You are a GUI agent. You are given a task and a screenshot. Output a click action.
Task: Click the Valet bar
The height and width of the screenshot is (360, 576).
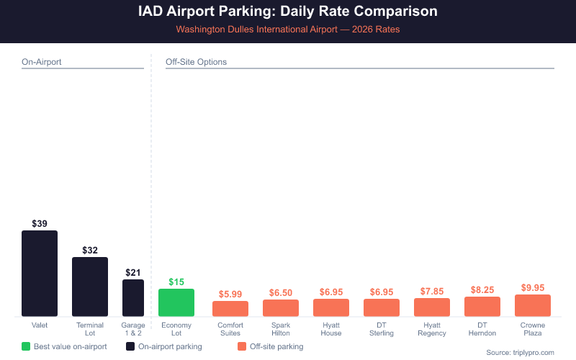click(x=40, y=274)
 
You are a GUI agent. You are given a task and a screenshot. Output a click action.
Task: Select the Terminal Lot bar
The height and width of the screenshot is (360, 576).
click(x=90, y=287)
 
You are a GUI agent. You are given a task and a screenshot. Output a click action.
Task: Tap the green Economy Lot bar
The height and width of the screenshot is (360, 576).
click(x=176, y=302)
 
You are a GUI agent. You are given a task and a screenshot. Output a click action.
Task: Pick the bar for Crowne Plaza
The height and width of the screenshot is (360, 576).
click(x=533, y=305)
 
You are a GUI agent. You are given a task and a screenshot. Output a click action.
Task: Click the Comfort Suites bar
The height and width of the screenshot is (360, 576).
click(x=230, y=309)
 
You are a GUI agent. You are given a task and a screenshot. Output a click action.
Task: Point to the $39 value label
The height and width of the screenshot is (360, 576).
click(x=40, y=224)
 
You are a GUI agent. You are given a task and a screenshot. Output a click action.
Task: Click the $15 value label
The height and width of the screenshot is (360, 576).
click(x=176, y=282)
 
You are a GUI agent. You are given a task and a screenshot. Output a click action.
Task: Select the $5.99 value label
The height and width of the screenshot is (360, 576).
click(x=230, y=294)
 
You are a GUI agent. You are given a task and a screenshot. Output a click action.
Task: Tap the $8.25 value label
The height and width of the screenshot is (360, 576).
click(x=482, y=289)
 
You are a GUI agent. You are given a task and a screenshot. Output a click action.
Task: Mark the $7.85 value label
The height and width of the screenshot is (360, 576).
click(x=432, y=291)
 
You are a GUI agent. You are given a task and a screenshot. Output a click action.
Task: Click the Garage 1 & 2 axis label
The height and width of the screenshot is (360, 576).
click(x=133, y=329)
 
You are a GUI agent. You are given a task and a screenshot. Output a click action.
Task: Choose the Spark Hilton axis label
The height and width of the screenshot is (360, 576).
click(x=281, y=329)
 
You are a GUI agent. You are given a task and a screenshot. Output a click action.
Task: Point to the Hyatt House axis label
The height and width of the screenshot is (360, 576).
click(x=331, y=329)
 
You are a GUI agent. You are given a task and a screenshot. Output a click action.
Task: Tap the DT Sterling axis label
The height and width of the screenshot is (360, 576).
click(x=382, y=329)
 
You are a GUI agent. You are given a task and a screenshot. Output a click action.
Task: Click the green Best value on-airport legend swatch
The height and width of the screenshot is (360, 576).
click(x=27, y=346)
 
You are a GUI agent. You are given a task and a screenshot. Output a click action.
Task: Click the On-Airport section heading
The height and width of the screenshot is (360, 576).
click(x=41, y=62)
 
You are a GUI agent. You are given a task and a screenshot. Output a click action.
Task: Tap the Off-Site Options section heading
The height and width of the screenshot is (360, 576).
click(x=196, y=62)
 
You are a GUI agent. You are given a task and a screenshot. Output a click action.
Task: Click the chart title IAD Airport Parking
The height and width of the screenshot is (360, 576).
click(x=288, y=12)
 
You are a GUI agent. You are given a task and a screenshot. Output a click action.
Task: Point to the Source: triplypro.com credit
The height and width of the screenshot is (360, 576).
click(x=520, y=352)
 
